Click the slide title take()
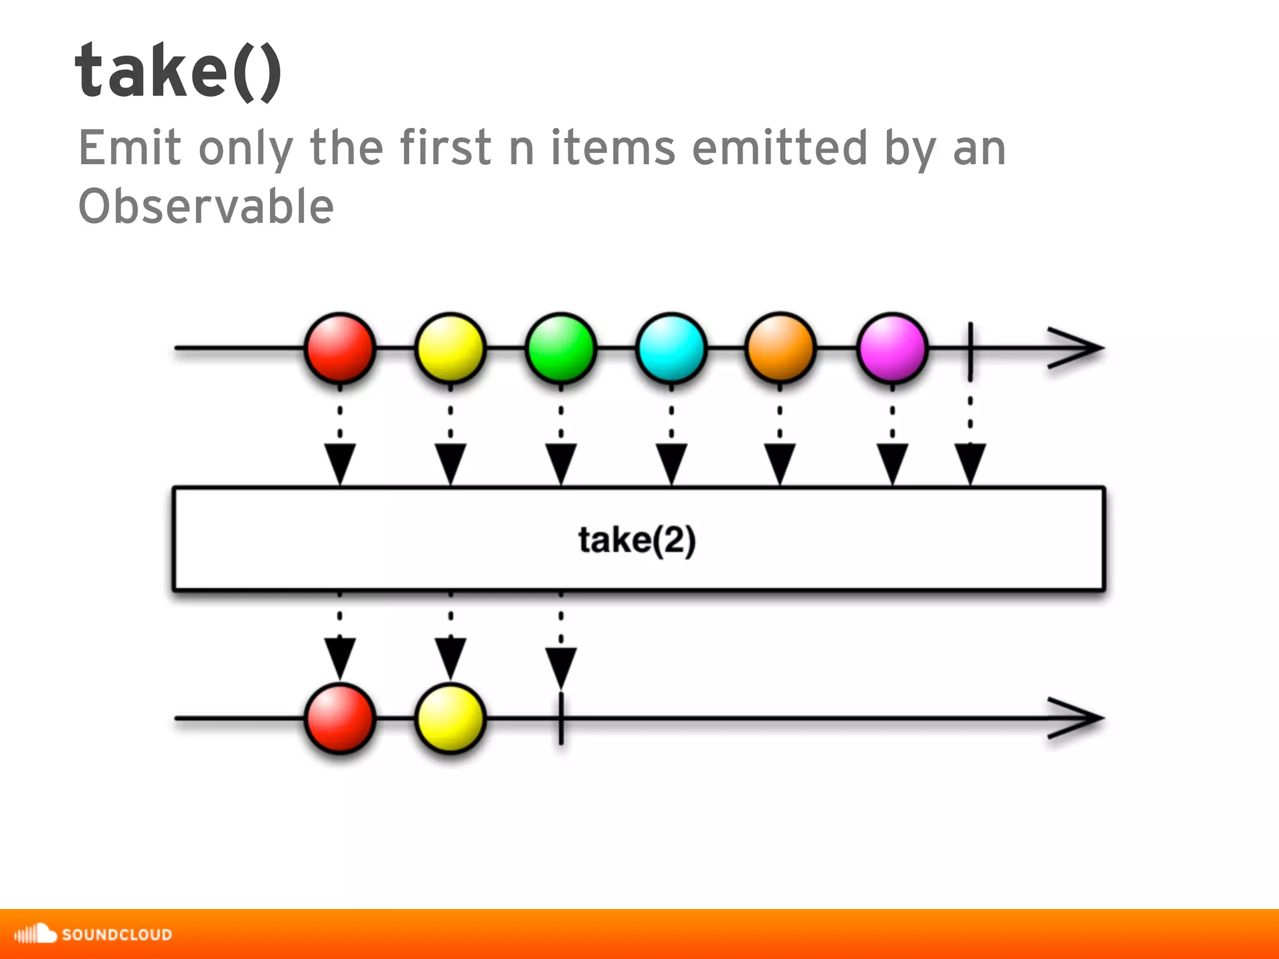click(x=178, y=72)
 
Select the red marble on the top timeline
click(x=340, y=348)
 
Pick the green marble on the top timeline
click(x=561, y=348)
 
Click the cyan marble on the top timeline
click(x=671, y=348)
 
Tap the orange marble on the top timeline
click(x=781, y=348)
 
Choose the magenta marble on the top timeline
click(x=892, y=348)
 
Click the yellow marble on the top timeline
click(x=450, y=348)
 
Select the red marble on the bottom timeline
click(x=340, y=719)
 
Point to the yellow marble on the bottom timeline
click(x=450, y=719)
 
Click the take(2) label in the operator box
click(x=636, y=540)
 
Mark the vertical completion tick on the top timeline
click(x=970, y=351)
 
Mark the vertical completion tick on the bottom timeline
click(x=561, y=719)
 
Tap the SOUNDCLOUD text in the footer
click(x=117, y=935)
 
